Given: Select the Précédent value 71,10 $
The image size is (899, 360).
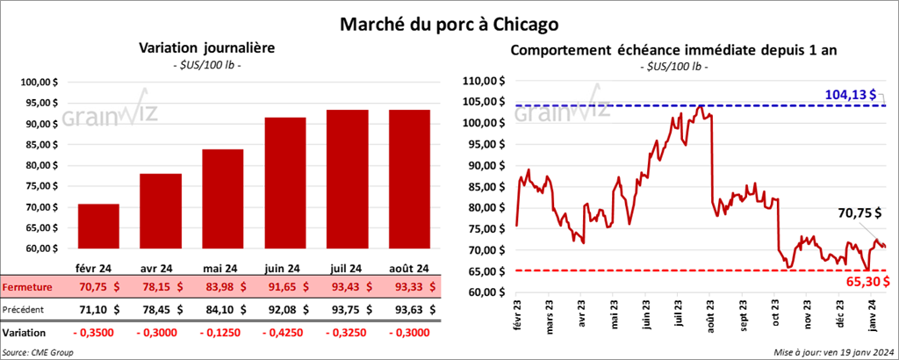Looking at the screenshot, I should [98, 309].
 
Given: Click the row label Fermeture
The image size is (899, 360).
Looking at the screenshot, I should [26, 286].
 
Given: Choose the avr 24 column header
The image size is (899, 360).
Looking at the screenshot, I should [160, 269].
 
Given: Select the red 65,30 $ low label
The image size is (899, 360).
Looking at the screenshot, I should [862, 282].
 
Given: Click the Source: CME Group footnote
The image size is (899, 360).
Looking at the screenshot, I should [37, 352].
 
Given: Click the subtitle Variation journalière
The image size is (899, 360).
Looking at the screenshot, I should [202, 49].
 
